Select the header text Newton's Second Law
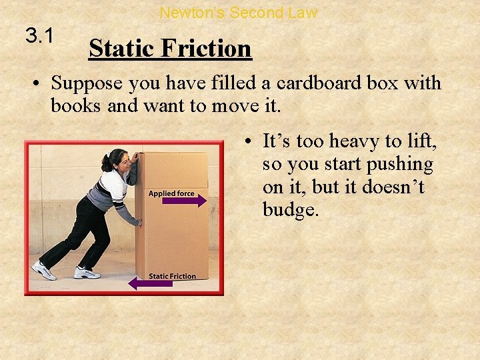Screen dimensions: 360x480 coord(239,12)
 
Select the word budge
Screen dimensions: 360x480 coord(291,211)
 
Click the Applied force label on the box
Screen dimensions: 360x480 coord(171,193)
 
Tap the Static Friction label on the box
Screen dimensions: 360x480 coord(172,275)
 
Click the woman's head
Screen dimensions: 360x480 coord(115,161)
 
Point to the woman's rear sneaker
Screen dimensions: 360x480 coord(44,270)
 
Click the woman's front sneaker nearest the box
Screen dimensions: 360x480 coord(87,272)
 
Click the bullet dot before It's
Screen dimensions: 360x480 coord(248,141)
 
